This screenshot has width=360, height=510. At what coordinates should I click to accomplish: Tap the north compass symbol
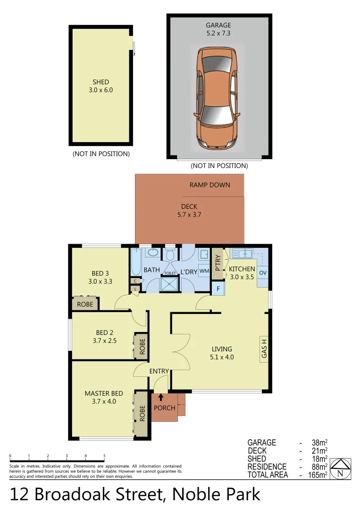340,468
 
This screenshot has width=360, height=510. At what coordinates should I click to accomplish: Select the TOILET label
170,273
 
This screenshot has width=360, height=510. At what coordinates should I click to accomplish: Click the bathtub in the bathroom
136,262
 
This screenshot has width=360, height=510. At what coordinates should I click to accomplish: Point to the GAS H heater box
265,348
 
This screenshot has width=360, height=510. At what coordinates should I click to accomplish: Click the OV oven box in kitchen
263,273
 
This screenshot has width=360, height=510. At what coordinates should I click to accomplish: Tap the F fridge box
218,288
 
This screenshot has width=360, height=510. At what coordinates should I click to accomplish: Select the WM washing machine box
204,271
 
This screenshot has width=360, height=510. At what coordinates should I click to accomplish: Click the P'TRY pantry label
218,263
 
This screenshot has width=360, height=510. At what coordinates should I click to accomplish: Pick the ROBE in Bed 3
85,304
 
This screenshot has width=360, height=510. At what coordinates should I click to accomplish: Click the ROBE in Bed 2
141,346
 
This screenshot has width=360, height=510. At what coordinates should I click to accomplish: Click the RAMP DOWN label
210,185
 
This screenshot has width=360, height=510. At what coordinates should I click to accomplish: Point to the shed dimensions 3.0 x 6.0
101,90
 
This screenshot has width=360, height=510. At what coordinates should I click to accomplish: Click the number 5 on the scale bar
104,456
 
